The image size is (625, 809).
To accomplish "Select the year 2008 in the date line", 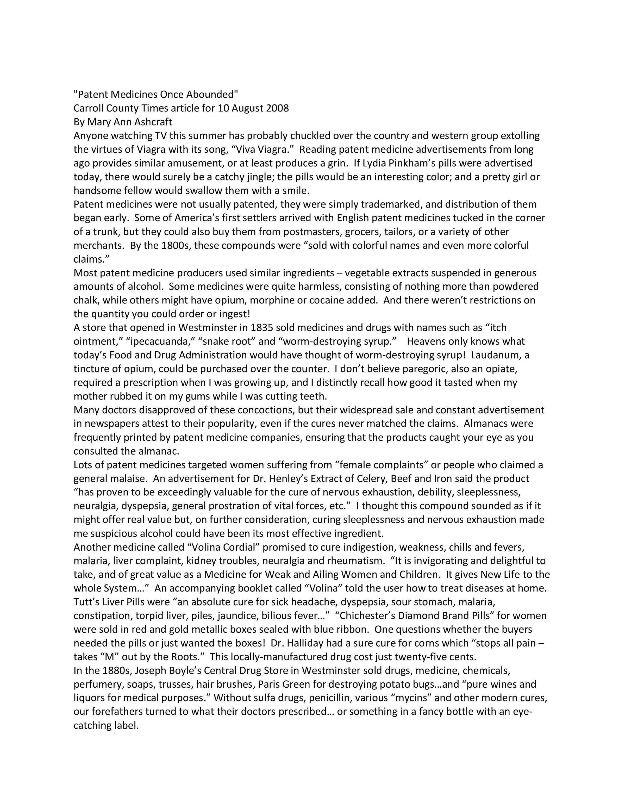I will tap(277, 109).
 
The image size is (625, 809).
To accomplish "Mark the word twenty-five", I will tap(418, 657).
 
